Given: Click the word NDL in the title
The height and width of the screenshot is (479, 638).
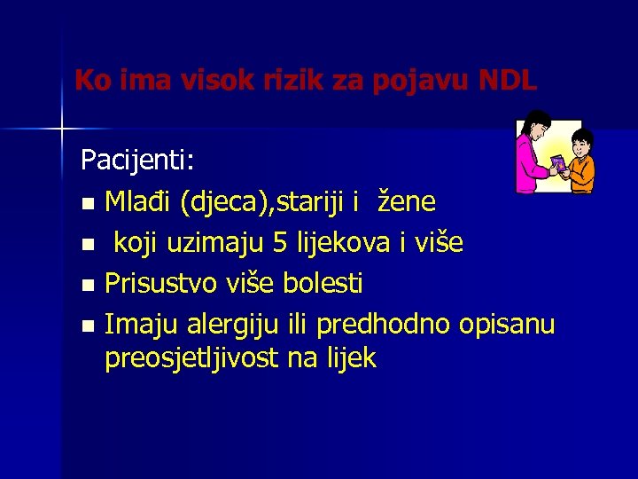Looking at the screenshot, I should pyautogui.click(x=507, y=81).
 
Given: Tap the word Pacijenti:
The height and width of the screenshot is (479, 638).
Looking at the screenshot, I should pyautogui.click(x=139, y=161).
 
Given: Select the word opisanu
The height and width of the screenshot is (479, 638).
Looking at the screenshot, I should pyautogui.click(x=507, y=325).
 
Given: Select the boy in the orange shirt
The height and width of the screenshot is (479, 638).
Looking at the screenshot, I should pyautogui.click(x=580, y=161).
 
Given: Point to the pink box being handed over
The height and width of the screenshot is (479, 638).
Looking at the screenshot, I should pyautogui.click(x=559, y=166).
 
